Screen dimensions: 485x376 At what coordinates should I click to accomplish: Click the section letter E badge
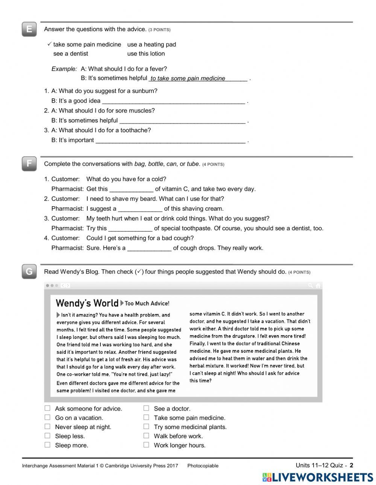[x=29, y=29]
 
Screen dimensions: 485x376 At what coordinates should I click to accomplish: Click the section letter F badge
[x=29, y=164]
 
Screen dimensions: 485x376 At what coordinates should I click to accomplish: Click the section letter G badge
[x=29, y=272]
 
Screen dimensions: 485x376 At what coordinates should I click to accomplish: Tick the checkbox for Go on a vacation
[x=47, y=417]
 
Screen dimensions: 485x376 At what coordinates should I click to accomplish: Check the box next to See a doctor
[x=146, y=408]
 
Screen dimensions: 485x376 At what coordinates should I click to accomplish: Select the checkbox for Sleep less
[x=47, y=436]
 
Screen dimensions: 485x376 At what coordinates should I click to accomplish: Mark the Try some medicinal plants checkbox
[x=146, y=427]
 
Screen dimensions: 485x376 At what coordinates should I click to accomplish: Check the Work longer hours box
[x=146, y=445]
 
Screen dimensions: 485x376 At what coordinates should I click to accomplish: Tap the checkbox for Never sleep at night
[x=47, y=427]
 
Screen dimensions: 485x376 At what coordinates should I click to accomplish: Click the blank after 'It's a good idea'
[x=173, y=101]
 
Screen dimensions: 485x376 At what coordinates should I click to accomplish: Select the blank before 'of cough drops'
[x=149, y=248]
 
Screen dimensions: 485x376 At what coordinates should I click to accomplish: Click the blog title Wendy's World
[x=87, y=303]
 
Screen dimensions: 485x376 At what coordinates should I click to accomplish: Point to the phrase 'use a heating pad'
[x=152, y=44]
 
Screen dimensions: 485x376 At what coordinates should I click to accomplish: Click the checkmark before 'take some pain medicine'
[x=49, y=44]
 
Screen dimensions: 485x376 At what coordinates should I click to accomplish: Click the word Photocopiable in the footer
[x=203, y=466]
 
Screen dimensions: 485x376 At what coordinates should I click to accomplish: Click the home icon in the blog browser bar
[x=318, y=286]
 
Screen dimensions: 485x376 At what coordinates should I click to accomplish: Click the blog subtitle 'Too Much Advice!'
[x=147, y=304]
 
